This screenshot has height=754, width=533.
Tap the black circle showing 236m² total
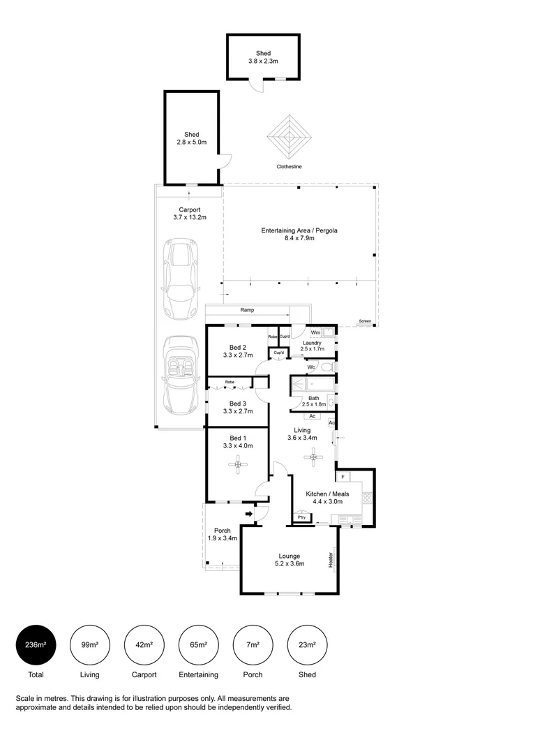pos(35,644)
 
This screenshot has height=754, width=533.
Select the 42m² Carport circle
pos(144,644)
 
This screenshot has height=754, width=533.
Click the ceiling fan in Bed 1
pos(239,464)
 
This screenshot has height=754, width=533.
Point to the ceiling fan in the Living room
pos(314,458)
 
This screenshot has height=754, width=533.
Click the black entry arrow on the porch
pos(249,515)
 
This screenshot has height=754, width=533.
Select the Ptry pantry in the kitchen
pos(301,517)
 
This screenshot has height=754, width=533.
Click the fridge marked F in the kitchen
pos(343,476)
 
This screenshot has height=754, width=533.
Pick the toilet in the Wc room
pos(327,367)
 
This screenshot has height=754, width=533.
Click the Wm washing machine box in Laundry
pos(315,333)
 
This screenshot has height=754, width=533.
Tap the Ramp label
pos(247,310)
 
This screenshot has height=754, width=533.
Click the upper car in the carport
pos(179,278)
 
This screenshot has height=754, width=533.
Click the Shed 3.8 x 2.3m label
pos(263,57)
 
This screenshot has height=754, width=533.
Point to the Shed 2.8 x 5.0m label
pos(192,138)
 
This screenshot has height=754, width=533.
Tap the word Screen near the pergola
pos(365,322)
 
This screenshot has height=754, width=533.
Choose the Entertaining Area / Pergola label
pos(299,234)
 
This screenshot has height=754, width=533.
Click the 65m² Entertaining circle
pos(198,644)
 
